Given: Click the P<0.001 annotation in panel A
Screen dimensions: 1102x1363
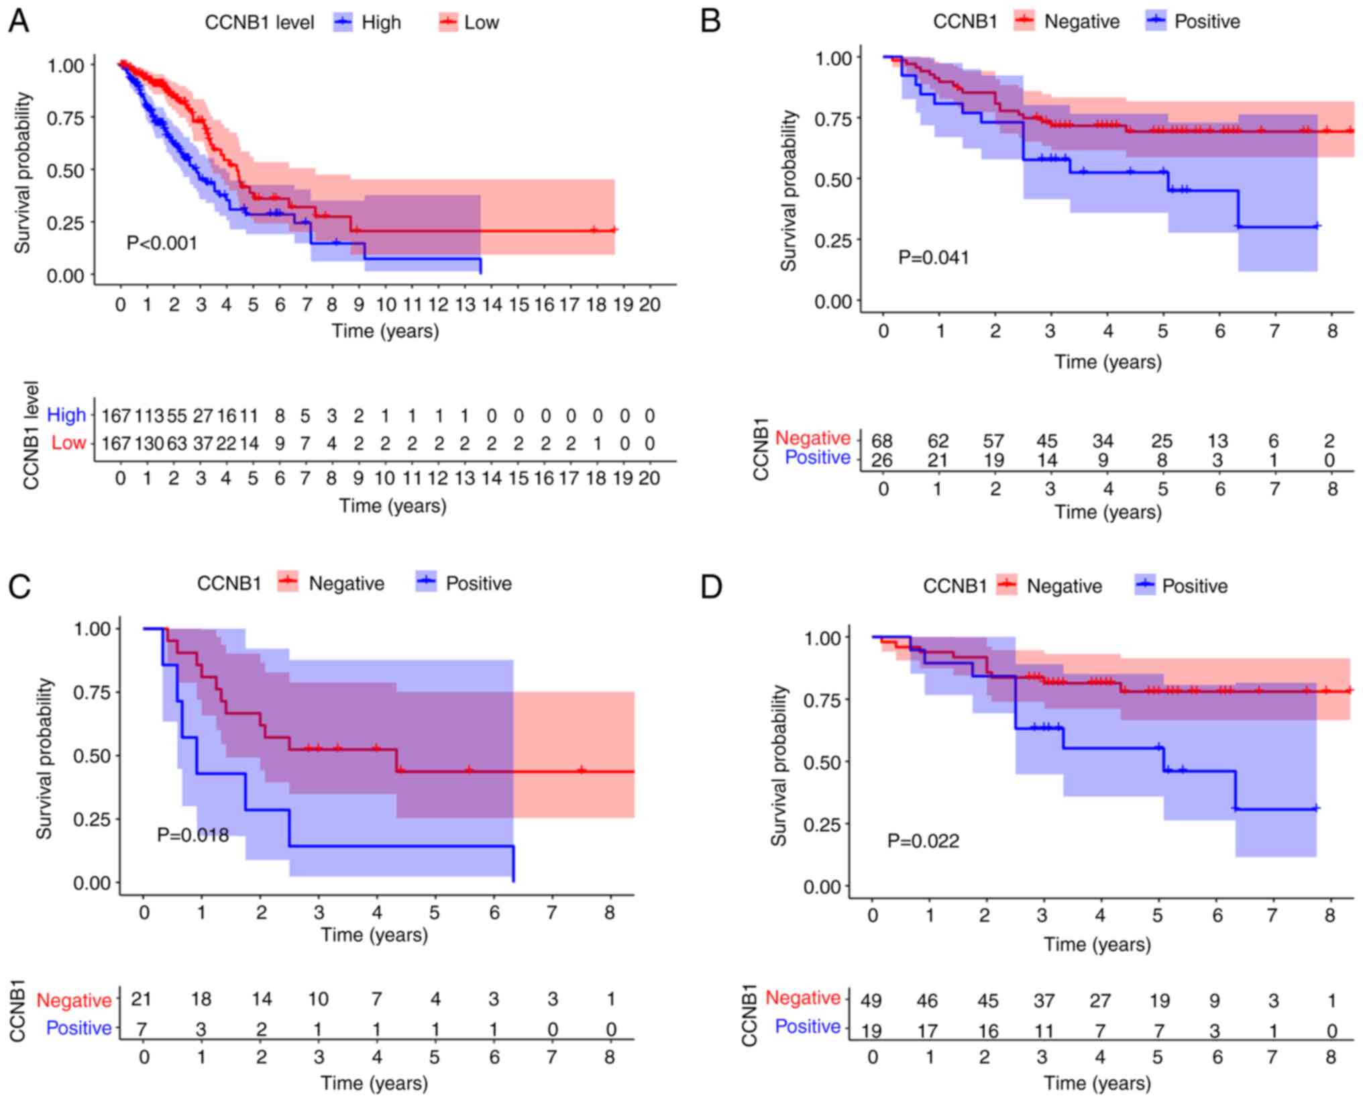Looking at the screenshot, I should click(x=162, y=242).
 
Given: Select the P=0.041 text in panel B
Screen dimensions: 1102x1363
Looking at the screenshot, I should click(x=933, y=257).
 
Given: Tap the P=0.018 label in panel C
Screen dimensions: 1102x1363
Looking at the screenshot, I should click(x=193, y=835).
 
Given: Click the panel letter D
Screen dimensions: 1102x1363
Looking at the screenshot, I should click(x=710, y=587).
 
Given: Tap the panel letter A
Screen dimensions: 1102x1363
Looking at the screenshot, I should click(x=18, y=21).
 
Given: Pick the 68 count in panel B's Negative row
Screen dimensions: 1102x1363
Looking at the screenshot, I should click(x=882, y=441).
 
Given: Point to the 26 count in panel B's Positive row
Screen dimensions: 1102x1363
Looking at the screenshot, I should click(x=882, y=460).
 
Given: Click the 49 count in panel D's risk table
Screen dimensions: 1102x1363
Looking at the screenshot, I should click(x=871, y=1001).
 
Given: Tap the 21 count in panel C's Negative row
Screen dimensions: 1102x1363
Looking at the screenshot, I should click(x=141, y=999).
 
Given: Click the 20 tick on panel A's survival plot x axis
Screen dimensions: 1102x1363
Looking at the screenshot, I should click(x=649, y=305).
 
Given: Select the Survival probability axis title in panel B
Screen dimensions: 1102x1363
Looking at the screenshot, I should click(x=789, y=191).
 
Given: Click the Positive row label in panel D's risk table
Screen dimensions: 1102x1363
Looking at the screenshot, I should click(x=807, y=1027).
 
